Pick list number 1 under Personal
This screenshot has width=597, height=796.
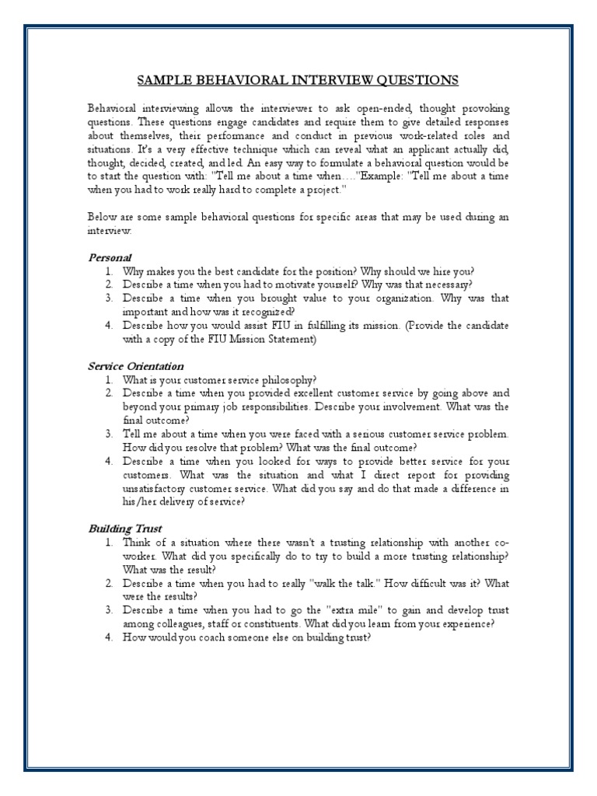110,271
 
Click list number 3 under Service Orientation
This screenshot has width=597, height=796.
110,434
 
